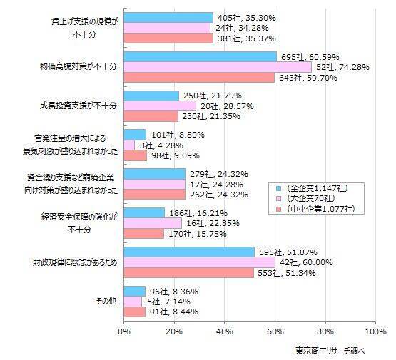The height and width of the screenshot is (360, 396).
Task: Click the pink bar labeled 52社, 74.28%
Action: pos(218,66)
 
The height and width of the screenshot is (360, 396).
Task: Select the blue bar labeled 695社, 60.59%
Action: pos(200,56)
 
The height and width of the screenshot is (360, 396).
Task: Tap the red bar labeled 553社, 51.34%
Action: pos(188,272)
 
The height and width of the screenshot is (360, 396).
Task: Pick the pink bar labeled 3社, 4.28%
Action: pos(129,145)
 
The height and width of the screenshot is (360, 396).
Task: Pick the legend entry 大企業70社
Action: pos(319,197)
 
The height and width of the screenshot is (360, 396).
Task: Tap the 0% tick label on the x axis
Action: pos(124,331)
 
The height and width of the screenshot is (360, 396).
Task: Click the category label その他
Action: pos(106,301)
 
